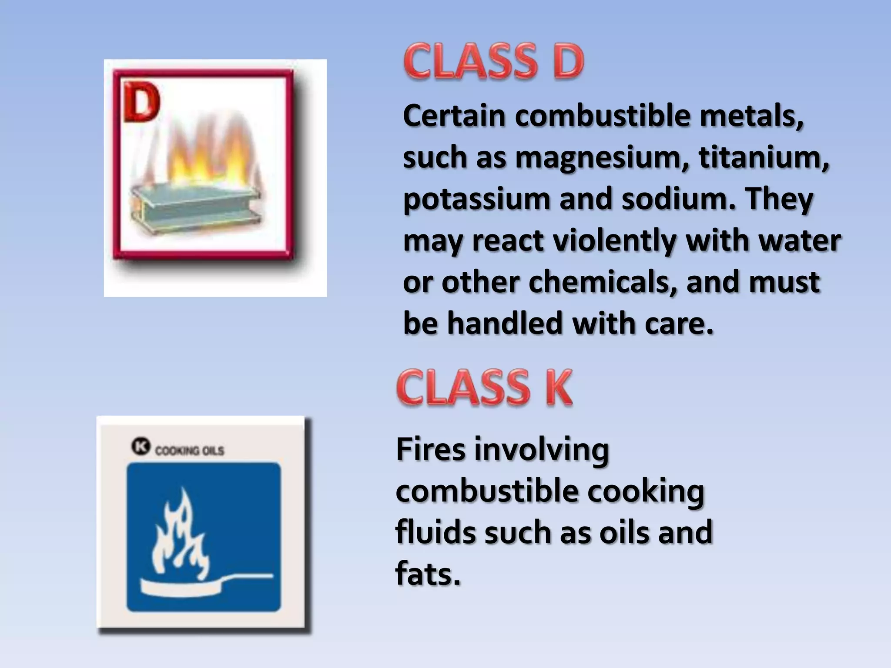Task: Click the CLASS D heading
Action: click(x=494, y=62)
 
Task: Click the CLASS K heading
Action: click(x=484, y=387)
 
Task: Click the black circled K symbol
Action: click(x=141, y=447)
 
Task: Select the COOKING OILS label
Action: click(x=190, y=451)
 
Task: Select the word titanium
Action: click(x=764, y=157)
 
